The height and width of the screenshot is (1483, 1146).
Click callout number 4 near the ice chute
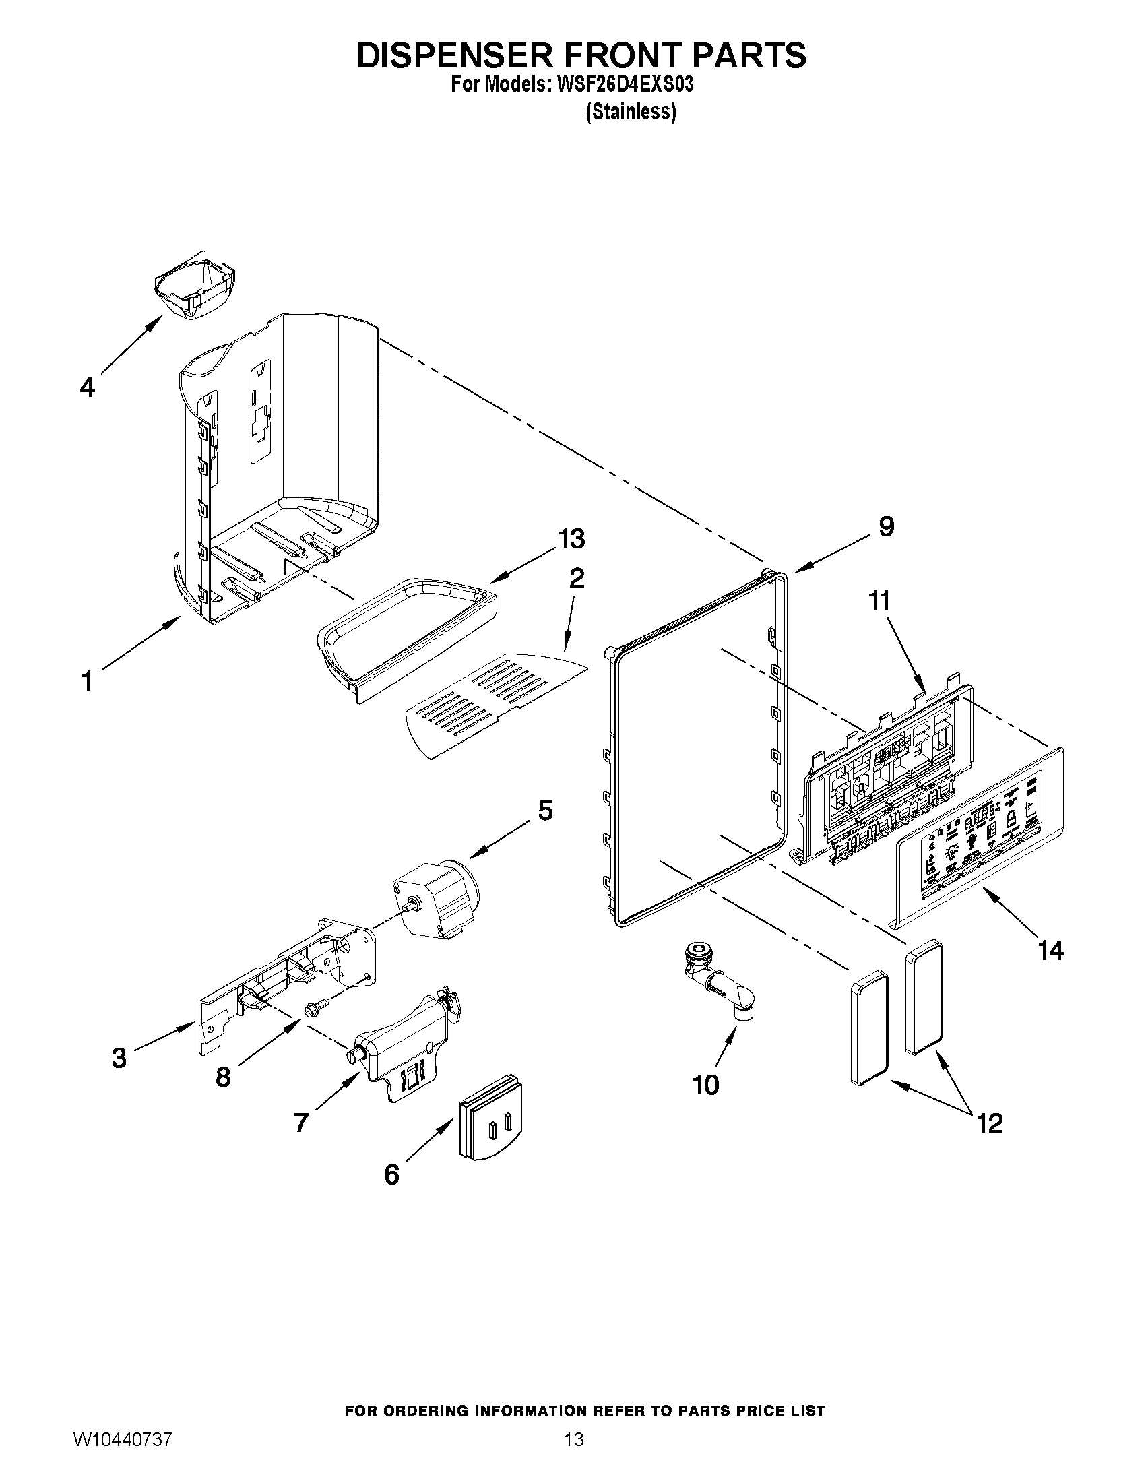[87, 387]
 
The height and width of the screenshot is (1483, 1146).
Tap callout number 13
[571, 538]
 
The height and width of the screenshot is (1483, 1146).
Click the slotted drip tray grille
[495, 703]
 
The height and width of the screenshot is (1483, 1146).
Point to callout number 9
[886, 526]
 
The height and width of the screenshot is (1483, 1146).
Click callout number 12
[989, 1123]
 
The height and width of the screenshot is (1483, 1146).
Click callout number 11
[880, 601]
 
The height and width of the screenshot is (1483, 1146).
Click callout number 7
[301, 1123]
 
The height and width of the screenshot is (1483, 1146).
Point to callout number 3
[119, 1057]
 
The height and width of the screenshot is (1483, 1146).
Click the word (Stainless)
[631, 111]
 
